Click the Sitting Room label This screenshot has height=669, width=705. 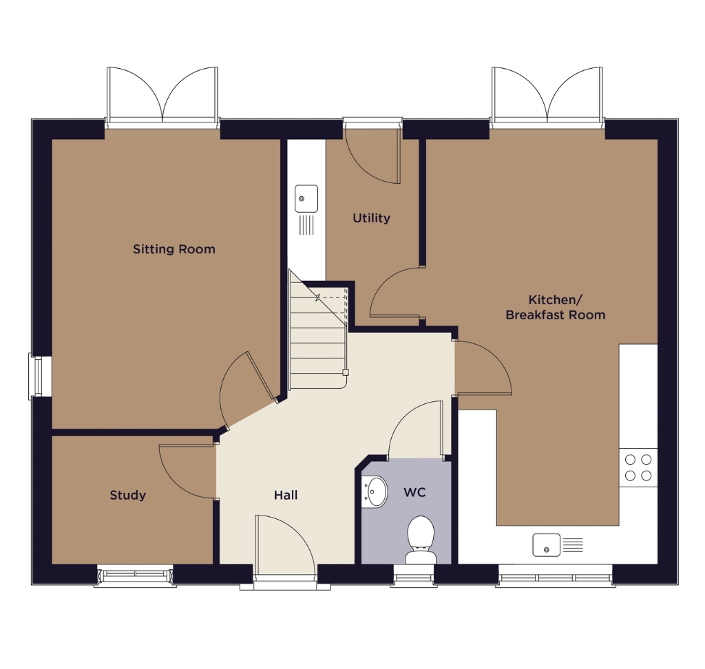point(174,249)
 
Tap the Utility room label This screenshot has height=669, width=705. point(371,218)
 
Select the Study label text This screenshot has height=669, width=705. point(127,495)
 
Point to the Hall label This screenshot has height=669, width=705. point(286,495)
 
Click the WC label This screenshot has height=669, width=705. point(414,492)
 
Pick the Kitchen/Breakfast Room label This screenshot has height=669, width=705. point(556,307)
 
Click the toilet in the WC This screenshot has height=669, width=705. point(421,540)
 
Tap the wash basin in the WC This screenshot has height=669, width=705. point(374,492)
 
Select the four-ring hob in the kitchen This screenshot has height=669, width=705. point(638,467)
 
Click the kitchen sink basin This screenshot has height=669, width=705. point(546,545)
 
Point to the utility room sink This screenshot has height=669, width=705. point(306,198)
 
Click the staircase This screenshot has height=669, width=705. point(318,335)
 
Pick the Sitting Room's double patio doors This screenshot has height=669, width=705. point(162,95)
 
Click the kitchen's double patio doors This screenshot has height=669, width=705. point(547,95)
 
